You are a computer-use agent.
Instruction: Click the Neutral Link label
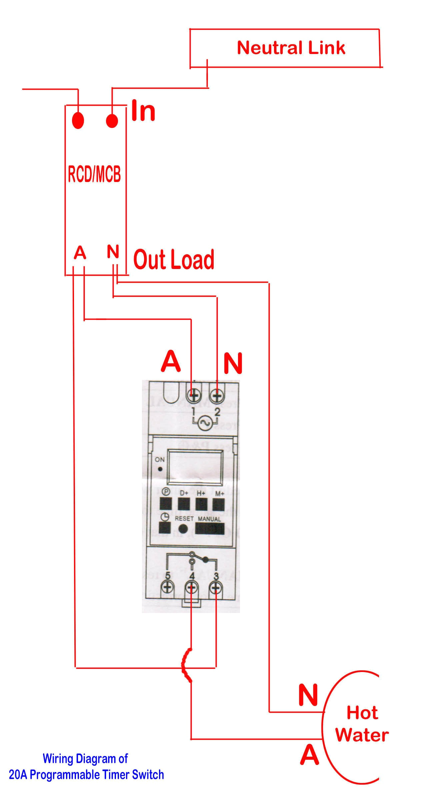click(x=291, y=48)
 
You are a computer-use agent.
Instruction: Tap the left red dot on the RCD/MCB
click(x=78, y=120)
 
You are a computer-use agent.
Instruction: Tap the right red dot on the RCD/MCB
click(x=112, y=120)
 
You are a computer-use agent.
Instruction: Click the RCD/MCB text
click(x=94, y=174)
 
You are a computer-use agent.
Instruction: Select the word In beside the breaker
click(x=143, y=111)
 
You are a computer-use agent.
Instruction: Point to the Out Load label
click(x=174, y=260)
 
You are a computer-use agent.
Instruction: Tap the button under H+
click(x=201, y=504)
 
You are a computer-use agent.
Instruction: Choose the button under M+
click(x=219, y=504)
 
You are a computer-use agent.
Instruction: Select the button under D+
click(x=183, y=504)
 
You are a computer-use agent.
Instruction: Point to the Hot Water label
click(x=362, y=724)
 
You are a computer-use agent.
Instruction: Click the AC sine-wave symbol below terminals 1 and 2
click(x=204, y=423)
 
